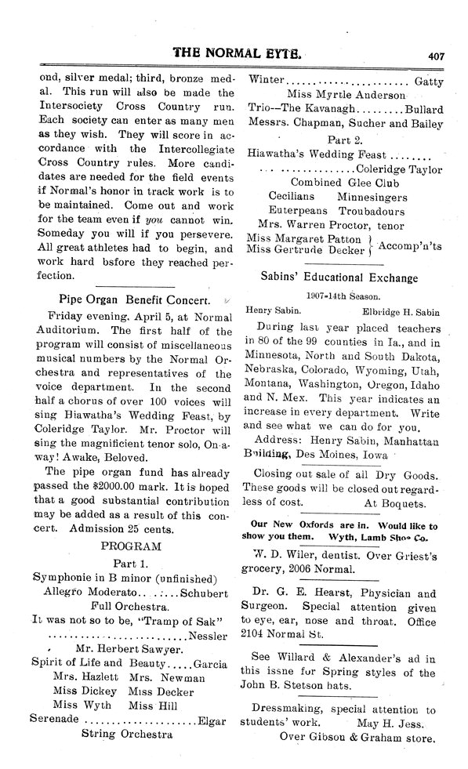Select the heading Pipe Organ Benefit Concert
[134, 299]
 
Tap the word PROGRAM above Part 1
[132, 545]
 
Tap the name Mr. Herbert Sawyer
[130, 649]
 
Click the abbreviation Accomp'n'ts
[410, 246]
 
